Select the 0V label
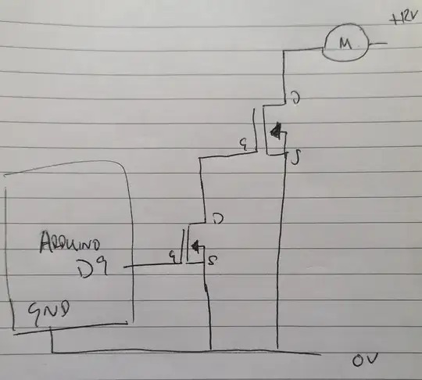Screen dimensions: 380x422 [x=364, y=362]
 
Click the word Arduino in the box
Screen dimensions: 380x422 [x=65, y=244]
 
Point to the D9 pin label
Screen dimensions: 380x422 [x=95, y=270]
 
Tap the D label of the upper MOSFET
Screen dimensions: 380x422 [x=295, y=99]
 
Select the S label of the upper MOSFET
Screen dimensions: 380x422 [x=295, y=160]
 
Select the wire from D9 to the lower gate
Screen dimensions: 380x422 [x=148, y=265]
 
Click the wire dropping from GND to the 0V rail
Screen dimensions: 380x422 [x=52, y=341]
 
